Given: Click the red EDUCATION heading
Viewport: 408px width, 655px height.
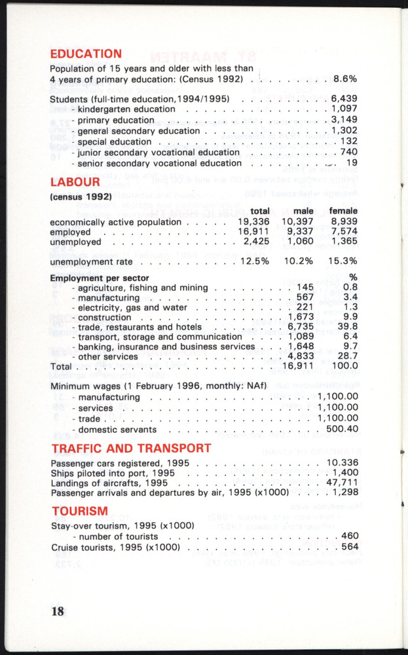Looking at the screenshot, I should (x=86, y=54).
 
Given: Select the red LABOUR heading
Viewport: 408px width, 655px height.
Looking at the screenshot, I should (x=75, y=181).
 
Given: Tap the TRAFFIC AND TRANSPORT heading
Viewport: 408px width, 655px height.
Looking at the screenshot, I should (x=131, y=448).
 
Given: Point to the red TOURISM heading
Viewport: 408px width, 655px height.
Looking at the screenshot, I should (x=79, y=511).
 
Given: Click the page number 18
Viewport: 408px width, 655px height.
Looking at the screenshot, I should (x=58, y=611).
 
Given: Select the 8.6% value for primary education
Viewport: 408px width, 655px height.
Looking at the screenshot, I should (x=344, y=79).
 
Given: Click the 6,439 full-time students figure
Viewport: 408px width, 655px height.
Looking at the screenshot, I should (x=344, y=99).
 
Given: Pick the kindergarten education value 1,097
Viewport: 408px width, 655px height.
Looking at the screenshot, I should (x=344, y=109).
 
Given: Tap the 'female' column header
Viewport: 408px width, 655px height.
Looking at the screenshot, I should (x=343, y=211).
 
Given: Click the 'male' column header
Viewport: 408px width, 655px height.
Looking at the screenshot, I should (x=303, y=211).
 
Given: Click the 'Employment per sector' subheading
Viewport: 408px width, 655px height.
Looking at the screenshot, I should (x=90, y=278).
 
